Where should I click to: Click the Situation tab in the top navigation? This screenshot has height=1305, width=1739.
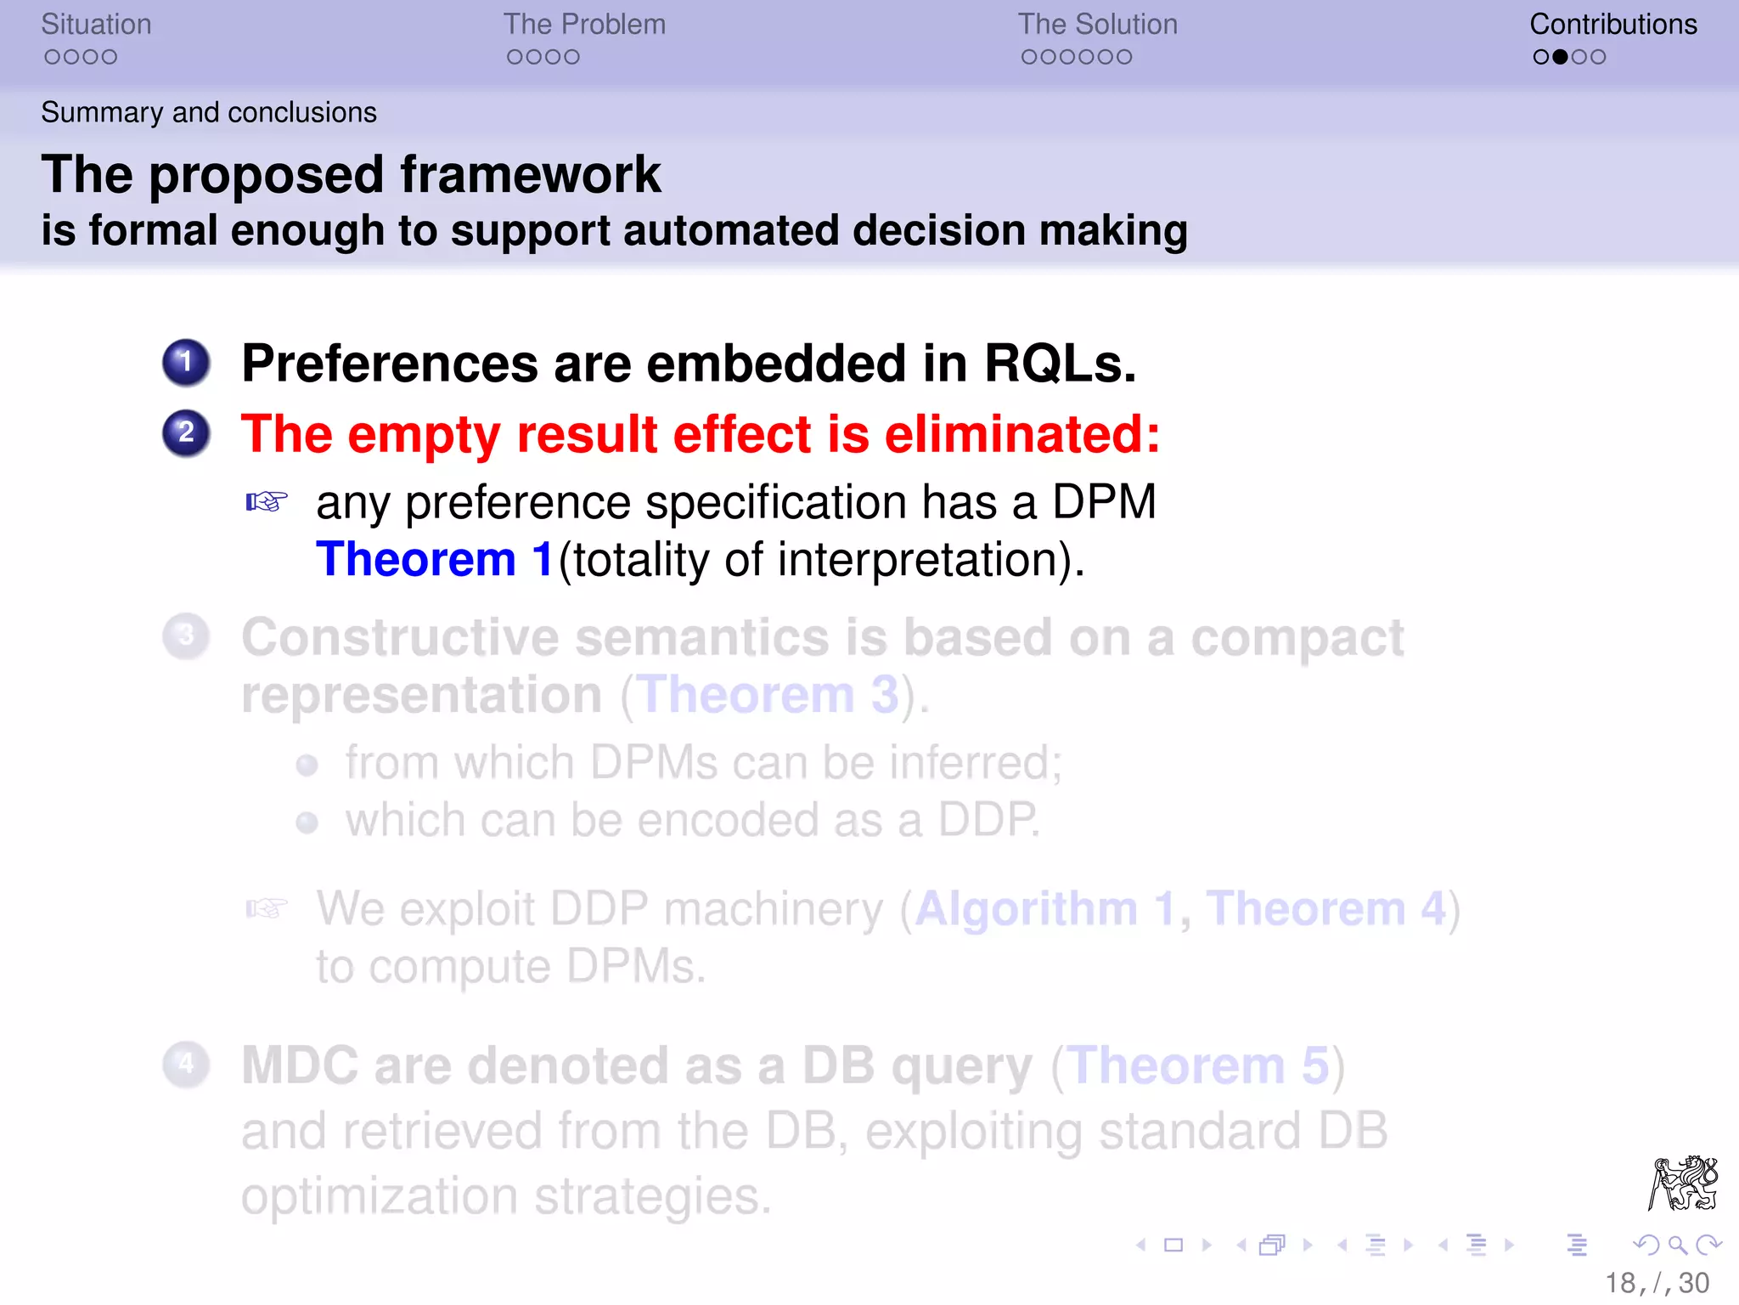[x=96, y=25]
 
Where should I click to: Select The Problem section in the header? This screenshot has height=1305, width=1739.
[x=584, y=25]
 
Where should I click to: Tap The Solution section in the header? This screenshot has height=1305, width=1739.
[x=1097, y=25]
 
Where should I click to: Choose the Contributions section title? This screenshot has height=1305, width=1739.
[x=1612, y=25]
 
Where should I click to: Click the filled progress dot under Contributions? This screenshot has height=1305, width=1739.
[x=1560, y=57]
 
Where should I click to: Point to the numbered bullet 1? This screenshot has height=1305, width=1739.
[x=186, y=363]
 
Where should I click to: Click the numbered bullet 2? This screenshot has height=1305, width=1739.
[x=186, y=433]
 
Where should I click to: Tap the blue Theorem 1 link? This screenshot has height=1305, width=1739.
[x=434, y=560]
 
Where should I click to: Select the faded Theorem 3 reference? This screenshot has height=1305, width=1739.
[x=768, y=696]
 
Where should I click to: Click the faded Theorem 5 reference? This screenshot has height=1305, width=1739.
[x=1197, y=1065]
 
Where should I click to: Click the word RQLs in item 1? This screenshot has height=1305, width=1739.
[x=1059, y=364]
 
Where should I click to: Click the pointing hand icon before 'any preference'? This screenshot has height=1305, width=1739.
[x=267, y=502]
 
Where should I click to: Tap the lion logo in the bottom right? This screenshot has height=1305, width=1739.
[x=1683, y=1183]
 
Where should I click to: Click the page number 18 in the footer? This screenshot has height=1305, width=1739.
[x=1619, y=1283]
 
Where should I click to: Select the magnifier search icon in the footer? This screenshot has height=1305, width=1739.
[x=1677, y=1246]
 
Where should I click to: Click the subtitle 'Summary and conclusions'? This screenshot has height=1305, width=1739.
[x=209, y=112]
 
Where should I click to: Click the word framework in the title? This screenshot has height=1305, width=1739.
[x=530, y=175]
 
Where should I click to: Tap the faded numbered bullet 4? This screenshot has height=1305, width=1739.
[x=186, y=1065]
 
